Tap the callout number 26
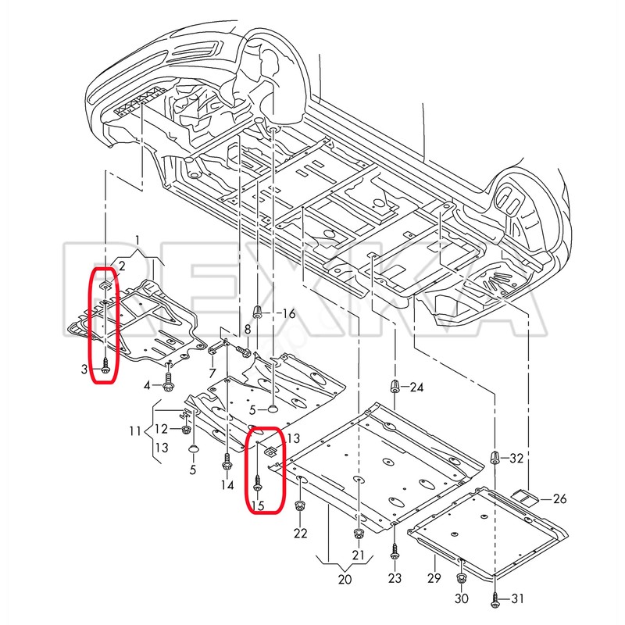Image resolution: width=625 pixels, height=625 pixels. (559, 498)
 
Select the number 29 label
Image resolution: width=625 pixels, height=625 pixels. (434, 577)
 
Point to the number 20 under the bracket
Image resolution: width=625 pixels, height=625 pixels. (345, 579)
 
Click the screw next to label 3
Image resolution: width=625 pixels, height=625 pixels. (105, 365)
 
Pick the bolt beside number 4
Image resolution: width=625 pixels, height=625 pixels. (168, 381)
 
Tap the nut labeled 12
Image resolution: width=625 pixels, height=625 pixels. (185, 430)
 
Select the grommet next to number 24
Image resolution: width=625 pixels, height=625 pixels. (395, 386)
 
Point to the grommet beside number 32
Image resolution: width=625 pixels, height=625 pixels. (495, 457)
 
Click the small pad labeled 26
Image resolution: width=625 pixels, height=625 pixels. (525, 497)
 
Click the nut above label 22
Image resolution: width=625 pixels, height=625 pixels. (299, 507)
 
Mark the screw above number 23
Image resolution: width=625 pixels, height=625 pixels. (395, 551)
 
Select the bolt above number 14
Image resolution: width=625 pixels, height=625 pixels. (227, 462)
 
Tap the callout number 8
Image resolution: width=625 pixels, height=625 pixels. (248, 330)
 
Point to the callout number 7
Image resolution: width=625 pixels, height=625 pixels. (212, 373)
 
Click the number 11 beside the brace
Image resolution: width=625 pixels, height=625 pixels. (135, 431)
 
